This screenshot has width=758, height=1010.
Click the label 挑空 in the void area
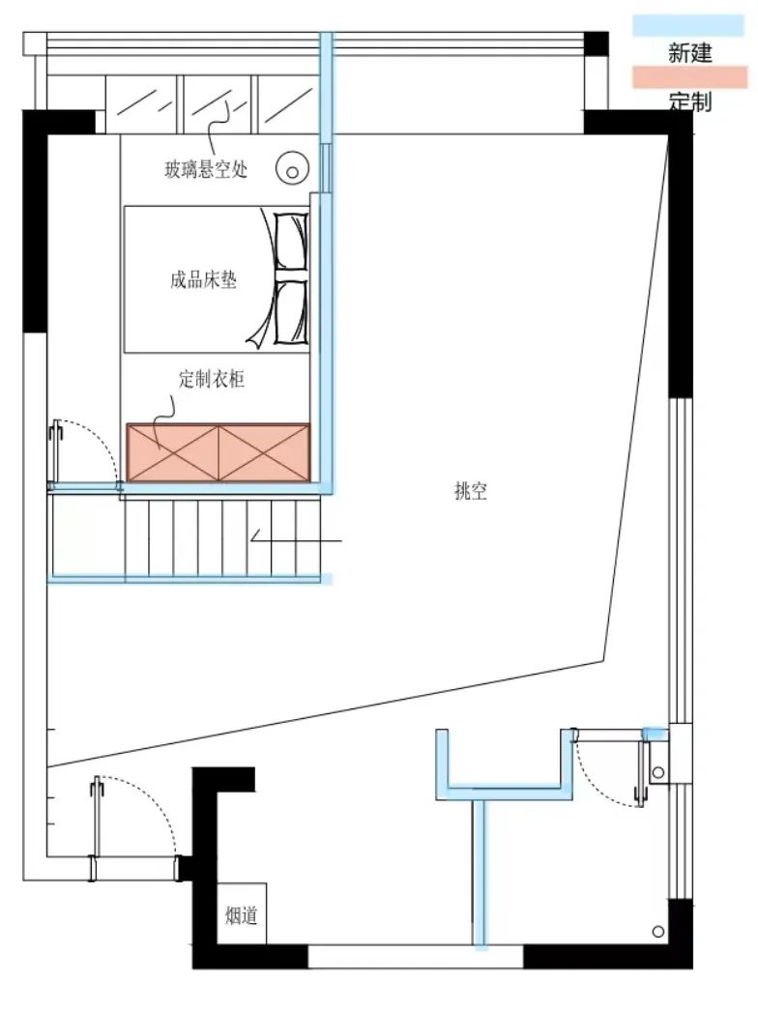click(471, 491)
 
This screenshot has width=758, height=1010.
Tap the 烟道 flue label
click(241, 914)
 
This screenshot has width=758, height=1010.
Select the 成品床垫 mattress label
click(203, 281)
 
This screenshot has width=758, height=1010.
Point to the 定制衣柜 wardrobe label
click(212, 380)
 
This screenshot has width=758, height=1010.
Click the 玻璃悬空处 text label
click(206, 170)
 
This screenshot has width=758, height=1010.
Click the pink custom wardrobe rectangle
click(219, 451)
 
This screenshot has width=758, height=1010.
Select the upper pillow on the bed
click(290, 242)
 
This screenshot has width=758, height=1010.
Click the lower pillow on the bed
click(290, 311)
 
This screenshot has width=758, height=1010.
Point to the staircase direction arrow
click(290, 539)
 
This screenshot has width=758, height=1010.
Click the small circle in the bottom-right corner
click(658, 932)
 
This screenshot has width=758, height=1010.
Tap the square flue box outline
click(241, 913)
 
